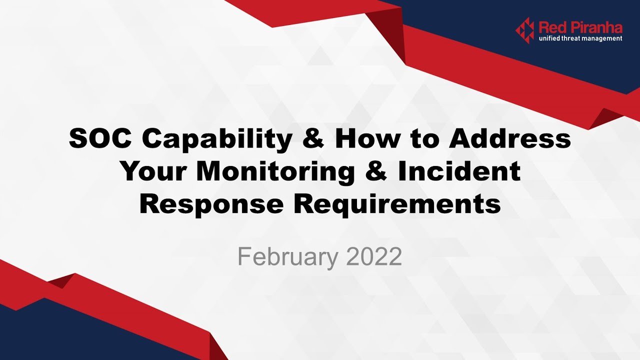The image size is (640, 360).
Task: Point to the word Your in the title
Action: (153, 171)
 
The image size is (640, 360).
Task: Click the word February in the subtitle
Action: (287, 256)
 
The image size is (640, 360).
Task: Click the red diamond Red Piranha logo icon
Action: (525, 30)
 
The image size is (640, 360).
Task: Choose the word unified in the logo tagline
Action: (549, 38)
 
